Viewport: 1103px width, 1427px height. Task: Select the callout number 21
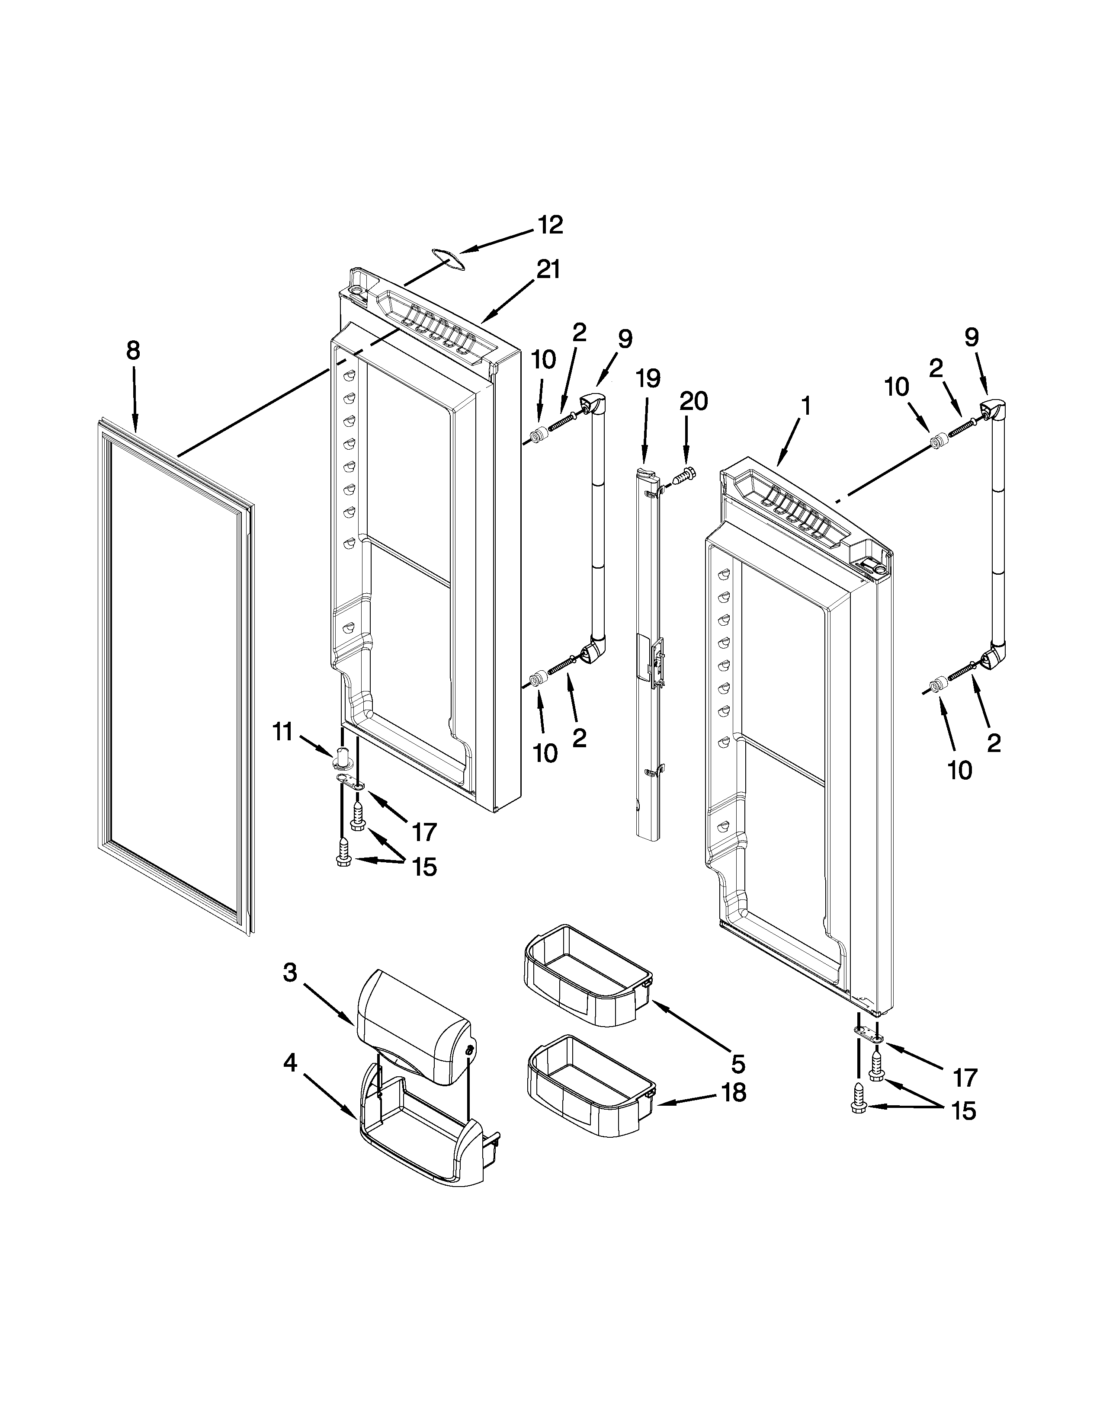(x=548, y=269)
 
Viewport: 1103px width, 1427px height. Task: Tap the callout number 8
(x=133, y=351)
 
